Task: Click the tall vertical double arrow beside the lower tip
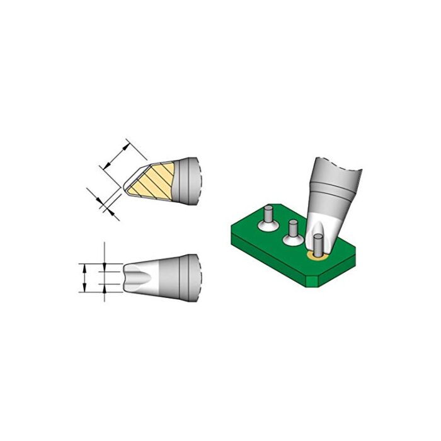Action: pos(83,278)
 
